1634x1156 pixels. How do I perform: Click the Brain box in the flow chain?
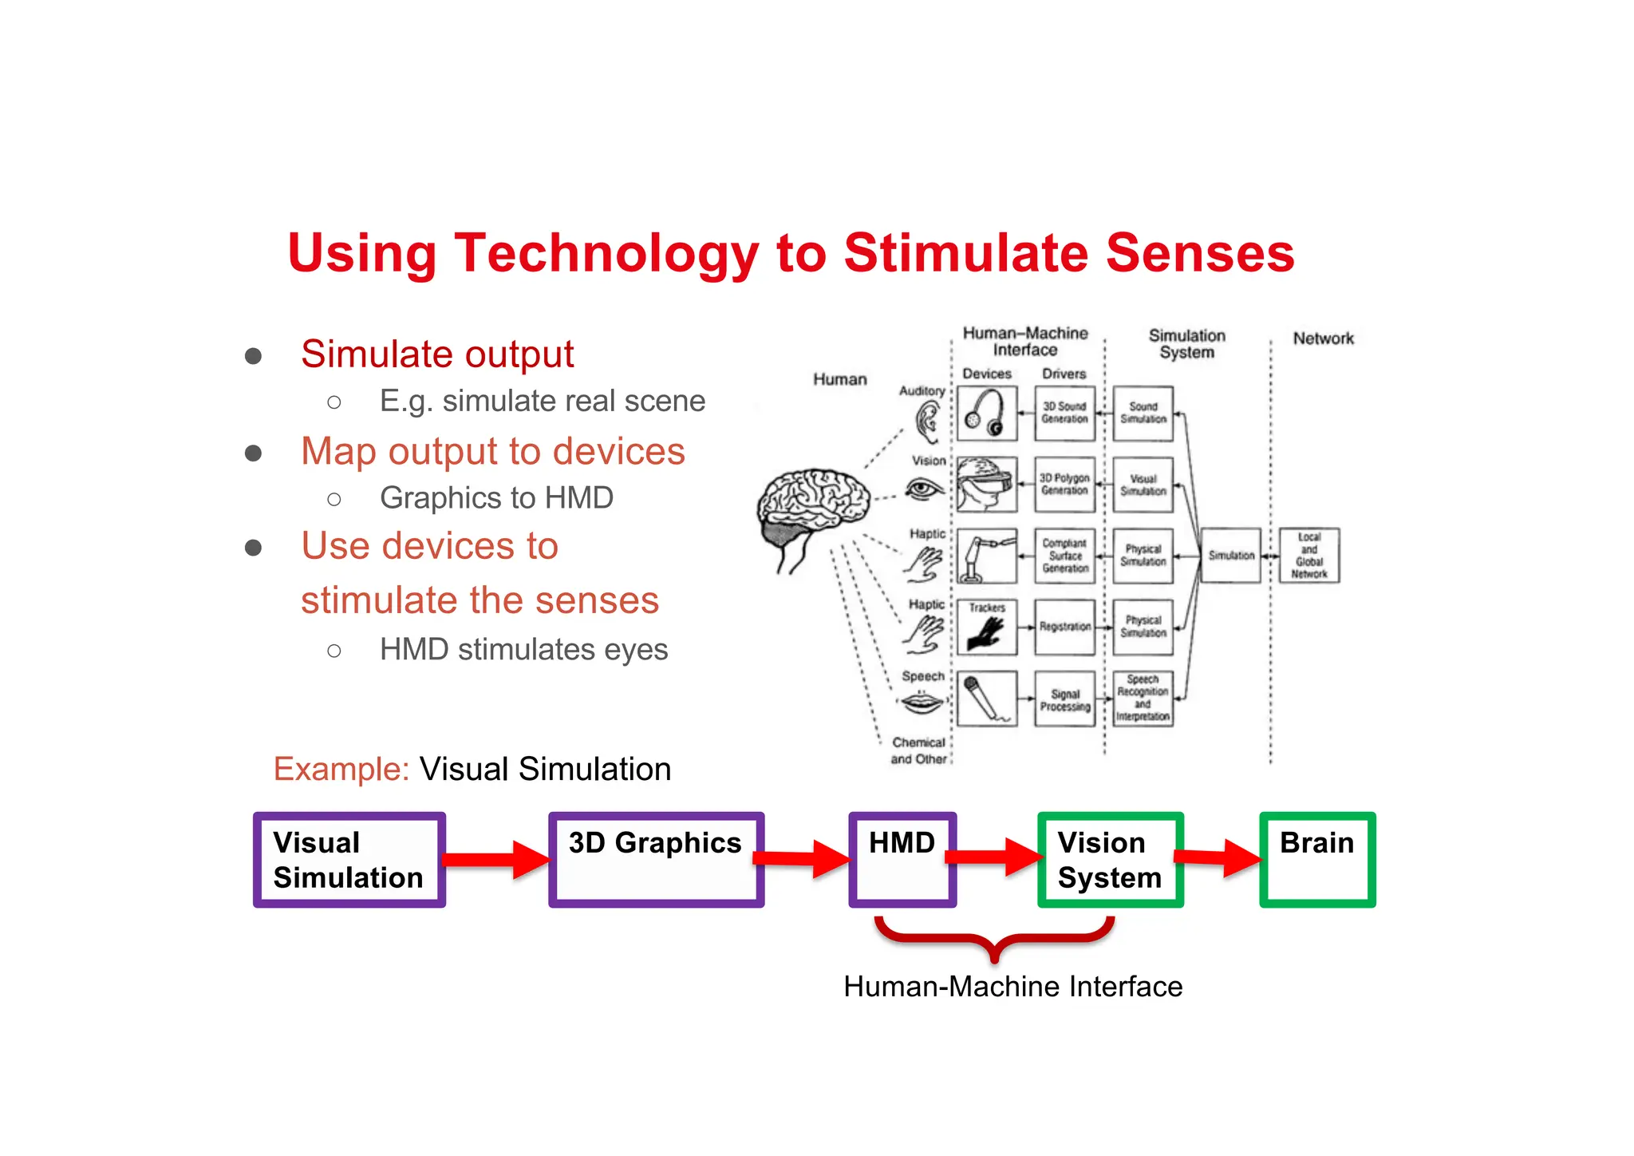1317,860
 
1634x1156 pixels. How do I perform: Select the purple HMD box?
902,860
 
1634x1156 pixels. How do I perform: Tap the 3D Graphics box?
656,860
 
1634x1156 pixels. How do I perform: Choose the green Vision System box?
1110,860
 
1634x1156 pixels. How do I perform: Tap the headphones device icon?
987,413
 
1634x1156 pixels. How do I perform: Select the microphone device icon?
987,699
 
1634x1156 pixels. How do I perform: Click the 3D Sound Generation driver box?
1064,413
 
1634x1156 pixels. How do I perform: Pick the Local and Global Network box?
1308,556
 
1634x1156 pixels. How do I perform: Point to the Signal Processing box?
1064,699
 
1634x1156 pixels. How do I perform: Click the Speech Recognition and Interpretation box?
1143,699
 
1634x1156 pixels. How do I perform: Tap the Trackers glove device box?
987,627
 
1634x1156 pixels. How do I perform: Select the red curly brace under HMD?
994,940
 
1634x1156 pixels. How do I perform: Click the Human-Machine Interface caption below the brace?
1012,987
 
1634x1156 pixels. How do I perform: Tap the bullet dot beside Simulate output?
254,355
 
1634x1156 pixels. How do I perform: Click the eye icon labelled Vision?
924,489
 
